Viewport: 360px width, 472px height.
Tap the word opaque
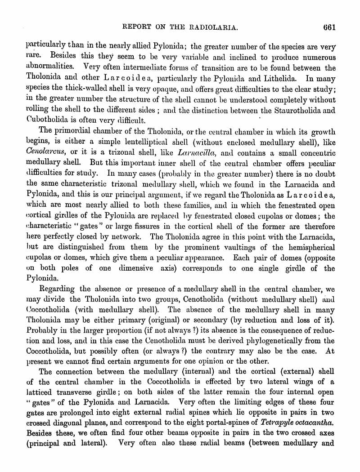[168, 89]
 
